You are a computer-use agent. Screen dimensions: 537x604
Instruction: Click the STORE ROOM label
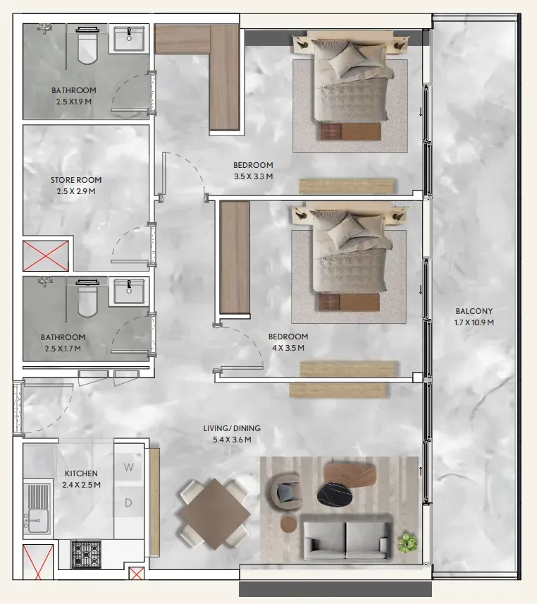click(x=76, y=179)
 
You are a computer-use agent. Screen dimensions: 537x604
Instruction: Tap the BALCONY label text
click(x=474, y=311)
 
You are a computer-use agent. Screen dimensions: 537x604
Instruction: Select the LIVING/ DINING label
click(x=232, y=428)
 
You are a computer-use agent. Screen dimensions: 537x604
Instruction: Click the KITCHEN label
click(x=81, y=473)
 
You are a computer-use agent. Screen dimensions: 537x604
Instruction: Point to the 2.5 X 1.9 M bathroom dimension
click(x=74, y=102)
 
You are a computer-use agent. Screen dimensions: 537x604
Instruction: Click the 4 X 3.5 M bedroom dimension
click(x=288, y=348)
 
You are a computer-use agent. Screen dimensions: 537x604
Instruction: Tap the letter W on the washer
click(x=128, y=467)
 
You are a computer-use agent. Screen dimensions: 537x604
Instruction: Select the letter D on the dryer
click(x=128, y=502)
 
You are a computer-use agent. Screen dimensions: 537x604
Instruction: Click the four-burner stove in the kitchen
click(x=86, y=555)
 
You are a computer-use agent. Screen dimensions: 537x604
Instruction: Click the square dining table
click(x=215, y=514)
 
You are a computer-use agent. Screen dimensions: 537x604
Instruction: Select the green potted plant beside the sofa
click(x=407, y=543)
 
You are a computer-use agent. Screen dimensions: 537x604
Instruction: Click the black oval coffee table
click(x=335, y=494)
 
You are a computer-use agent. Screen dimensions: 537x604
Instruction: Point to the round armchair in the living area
click(x=287, y=492)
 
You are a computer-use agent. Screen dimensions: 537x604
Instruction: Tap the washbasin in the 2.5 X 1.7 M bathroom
click(x=129, y=291)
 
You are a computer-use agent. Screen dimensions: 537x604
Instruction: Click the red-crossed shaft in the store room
click(x=46, y=255)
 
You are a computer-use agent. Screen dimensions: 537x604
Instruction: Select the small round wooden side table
click(x=288, y=524)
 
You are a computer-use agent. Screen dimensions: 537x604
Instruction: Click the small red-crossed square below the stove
click(x=136, y=573)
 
